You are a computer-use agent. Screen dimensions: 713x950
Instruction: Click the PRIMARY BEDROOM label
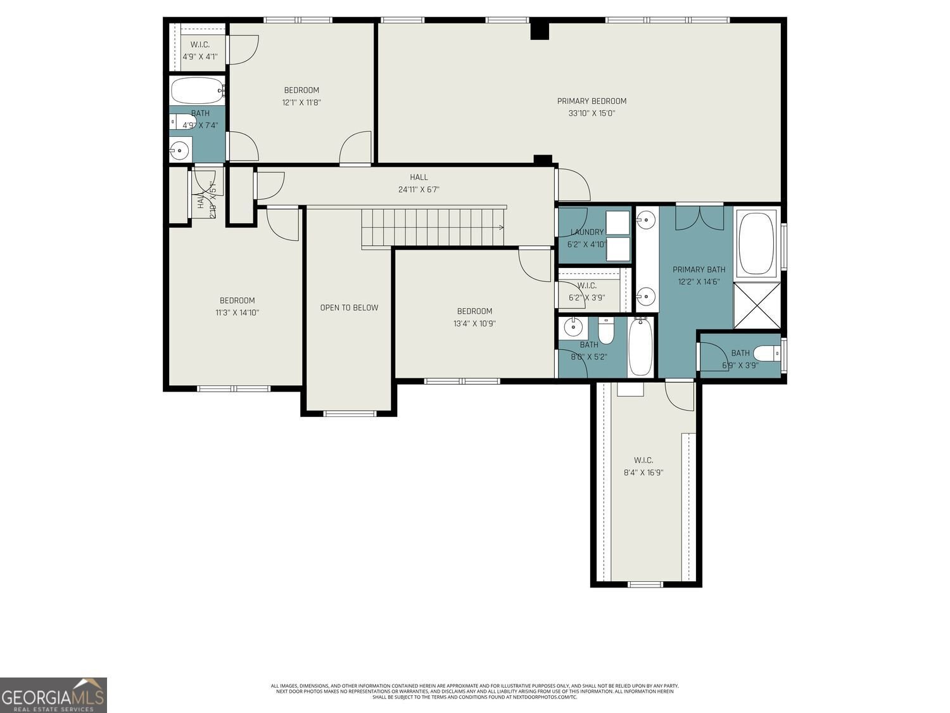pos(592,101)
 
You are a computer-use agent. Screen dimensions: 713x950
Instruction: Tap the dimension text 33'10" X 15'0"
pos(592,113)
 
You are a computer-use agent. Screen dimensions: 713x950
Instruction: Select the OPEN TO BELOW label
pos(349,307)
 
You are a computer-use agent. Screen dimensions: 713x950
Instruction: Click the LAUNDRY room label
pos(586,232)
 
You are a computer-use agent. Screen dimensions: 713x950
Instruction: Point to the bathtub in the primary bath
pos(757,243)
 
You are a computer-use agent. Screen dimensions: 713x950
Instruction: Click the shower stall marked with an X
pos(757,305)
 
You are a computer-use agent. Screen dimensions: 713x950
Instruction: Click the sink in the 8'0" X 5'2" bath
pos(573,328)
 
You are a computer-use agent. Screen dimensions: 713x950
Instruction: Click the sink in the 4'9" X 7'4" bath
pos(180,151)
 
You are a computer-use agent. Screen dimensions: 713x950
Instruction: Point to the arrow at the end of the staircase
pos(500,227)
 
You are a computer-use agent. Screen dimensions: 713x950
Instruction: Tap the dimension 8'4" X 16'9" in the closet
pos(643,472)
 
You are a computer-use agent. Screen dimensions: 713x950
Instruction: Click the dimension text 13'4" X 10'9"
pos(474,323)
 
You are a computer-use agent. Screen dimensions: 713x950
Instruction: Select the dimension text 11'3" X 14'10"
pos(237,312)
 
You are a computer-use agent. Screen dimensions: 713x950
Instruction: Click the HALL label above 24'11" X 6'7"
pos(419,177)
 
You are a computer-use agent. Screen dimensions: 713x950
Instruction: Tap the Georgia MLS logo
pos(53,695)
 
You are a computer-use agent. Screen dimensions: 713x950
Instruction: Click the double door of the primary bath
pos(699,217)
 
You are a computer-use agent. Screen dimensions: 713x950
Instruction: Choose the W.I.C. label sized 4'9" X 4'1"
pos(199,45)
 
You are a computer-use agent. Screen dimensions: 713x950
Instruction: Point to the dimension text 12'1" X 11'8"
pos(301,102)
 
